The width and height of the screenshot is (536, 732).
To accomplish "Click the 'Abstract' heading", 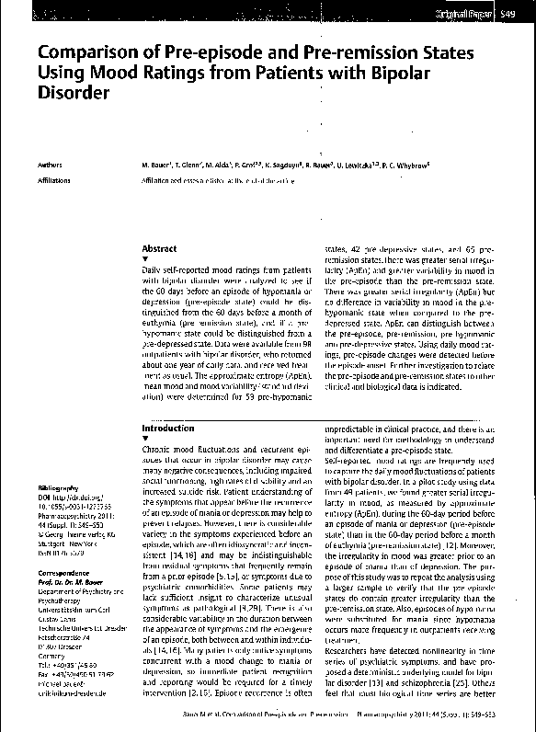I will [x=158, y=249].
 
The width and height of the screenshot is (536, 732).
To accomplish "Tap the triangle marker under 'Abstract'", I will [x=145, y=260].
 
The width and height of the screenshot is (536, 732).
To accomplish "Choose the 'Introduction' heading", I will [x=167, y=429].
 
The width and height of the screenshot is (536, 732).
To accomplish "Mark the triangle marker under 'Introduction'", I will [x=145, y=440].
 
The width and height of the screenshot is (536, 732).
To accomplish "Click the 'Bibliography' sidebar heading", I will [x=58, y=486].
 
